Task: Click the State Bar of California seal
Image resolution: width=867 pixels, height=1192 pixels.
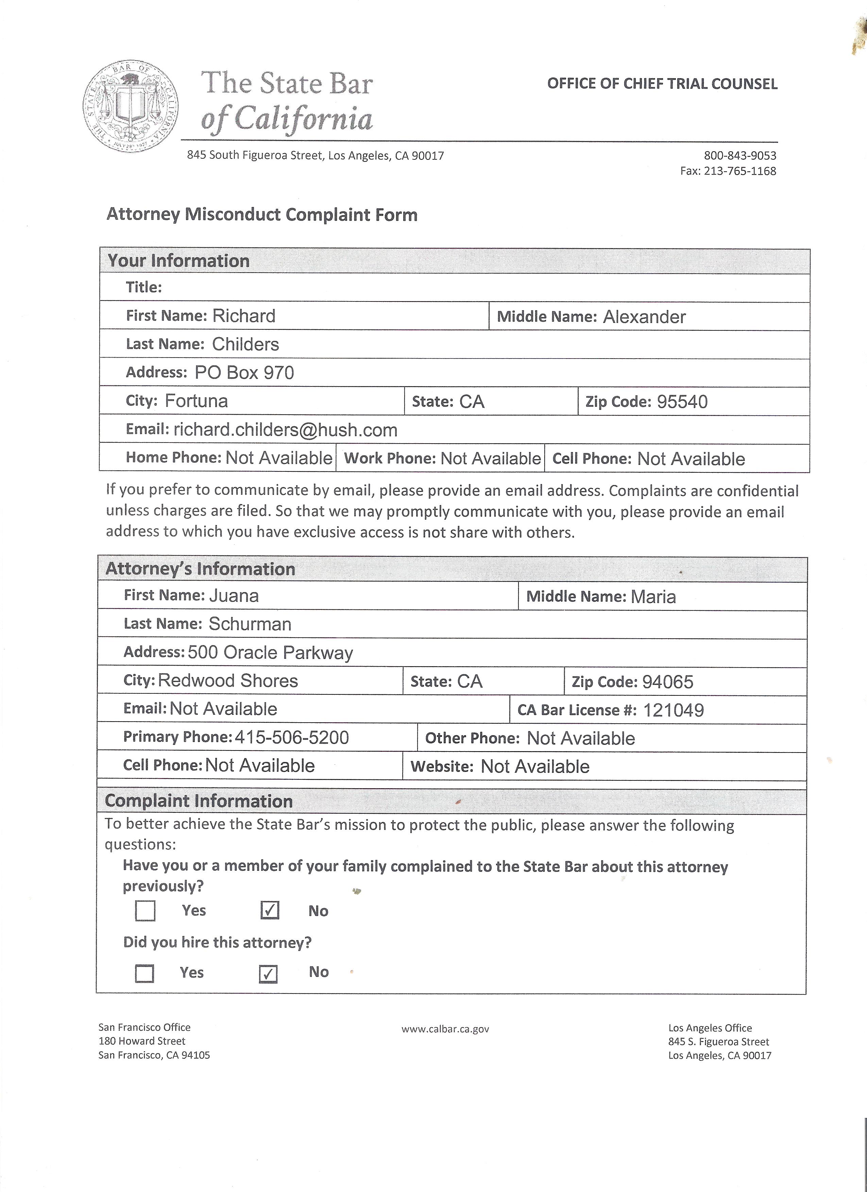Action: click(x=131, y=107)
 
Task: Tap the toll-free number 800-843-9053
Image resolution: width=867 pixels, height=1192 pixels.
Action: click(x=740, y=156)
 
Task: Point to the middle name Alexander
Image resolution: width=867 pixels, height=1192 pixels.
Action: click(x=644, y=317)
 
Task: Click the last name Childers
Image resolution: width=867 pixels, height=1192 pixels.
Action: click(x=245, y=344)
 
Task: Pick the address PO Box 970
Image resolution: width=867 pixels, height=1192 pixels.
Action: click(x=244, y=373)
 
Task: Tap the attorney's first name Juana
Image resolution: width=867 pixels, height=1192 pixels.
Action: click(x=234, y=595)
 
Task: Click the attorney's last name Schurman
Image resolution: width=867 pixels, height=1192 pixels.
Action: click(x=250, y=624)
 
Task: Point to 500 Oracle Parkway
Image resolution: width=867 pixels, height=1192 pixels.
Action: click(x=270, y=653)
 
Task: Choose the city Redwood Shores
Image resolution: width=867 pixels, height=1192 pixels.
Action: click(x=228, y=680)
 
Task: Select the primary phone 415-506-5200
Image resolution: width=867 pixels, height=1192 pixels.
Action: click(x=291, y=737)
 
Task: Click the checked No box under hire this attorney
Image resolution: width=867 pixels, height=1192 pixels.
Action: click(x=268, y=974)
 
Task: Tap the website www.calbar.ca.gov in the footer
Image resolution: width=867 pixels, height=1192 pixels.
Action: click(x=445, y=1029)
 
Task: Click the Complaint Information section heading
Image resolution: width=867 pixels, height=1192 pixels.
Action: click(x=199, y=801)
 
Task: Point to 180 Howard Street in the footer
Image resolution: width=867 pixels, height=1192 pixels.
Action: click(x=142, y=1041)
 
